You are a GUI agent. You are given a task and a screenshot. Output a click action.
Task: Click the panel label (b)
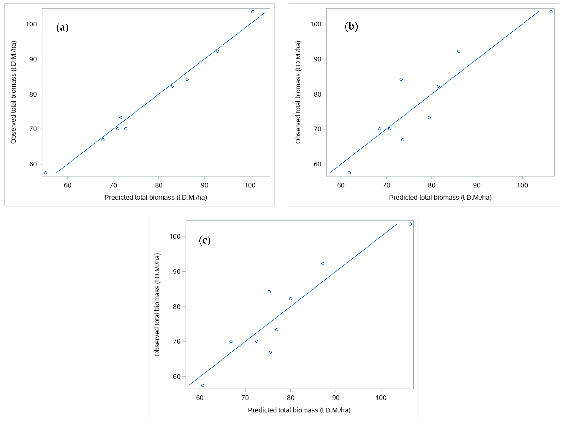click(351, 26)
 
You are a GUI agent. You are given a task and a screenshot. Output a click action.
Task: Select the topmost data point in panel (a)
click(253, 12)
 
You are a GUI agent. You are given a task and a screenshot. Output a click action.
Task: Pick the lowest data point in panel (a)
click(45, 173)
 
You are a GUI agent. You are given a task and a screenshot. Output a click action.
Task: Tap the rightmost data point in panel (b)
click(551, 12)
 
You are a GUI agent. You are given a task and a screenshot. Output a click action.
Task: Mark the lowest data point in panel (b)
click(349, 173)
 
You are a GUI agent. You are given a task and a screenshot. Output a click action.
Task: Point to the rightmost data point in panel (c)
click(410, 224)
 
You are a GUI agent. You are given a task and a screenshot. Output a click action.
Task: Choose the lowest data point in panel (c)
click(203, 385)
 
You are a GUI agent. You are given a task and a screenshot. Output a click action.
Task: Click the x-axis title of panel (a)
click(156, 197)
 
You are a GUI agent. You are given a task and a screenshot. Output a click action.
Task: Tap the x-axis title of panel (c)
click(299, 410)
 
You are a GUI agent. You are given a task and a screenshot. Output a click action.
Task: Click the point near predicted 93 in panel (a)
click(218, 51)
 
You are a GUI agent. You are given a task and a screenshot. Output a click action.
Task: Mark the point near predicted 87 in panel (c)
click(323, 264)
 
